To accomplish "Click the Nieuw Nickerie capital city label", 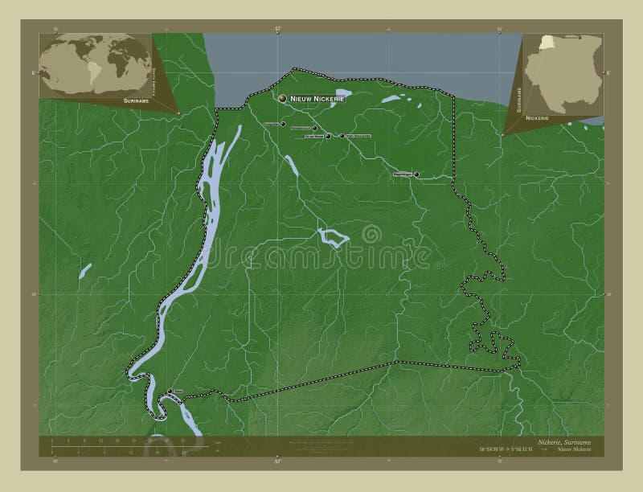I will click(317, 99).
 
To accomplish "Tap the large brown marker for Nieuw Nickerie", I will click(283, 98).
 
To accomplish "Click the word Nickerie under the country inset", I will click(537, 118).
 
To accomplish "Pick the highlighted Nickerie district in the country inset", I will click(548, 43).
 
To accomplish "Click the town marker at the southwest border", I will click(170, 392).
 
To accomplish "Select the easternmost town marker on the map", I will click(416, 174).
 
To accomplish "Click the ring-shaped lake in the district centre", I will click(332, 236).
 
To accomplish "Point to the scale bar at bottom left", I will click(121, 445).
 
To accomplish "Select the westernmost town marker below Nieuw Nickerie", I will click(283, 124).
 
